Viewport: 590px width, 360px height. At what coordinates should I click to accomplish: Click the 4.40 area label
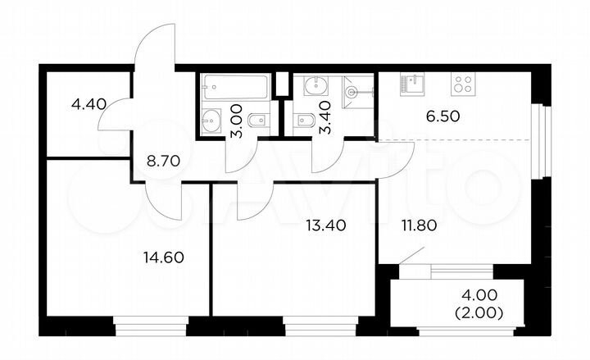(x=88, y=104)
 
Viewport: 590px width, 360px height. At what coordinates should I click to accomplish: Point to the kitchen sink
(x=411, y=83)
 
